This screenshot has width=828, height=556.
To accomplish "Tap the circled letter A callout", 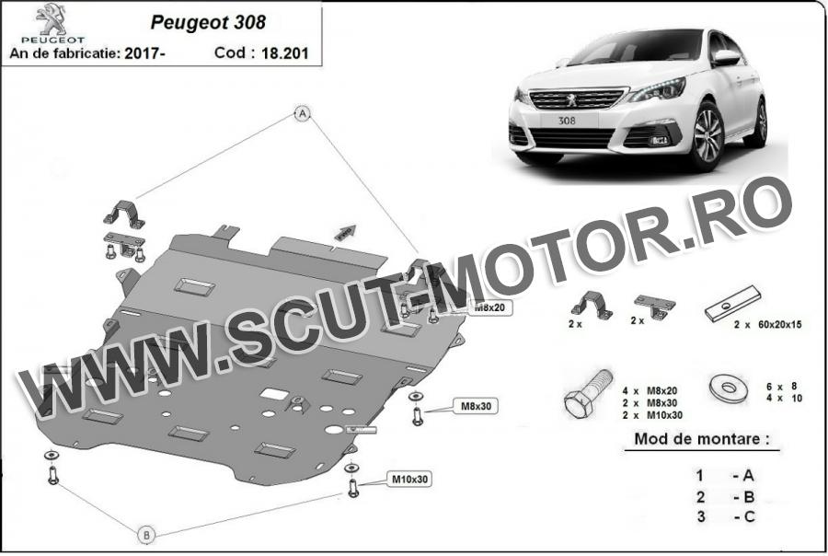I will (301, 113).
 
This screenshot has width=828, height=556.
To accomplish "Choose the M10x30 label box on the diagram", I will (410, 479).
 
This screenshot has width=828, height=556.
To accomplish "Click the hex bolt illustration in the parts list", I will (586, 393).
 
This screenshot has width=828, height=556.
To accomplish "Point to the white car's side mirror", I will (726, 58).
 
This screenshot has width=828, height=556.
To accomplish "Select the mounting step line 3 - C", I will (726, 517).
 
